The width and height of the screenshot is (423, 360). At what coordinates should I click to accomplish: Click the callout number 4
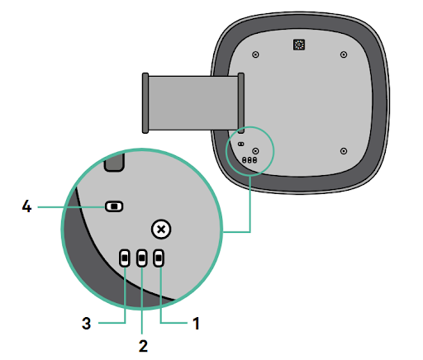pyautogui.click(x=26, y=206)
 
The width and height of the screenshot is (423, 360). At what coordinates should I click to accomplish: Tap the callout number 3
pyautogui.click(x=86, y=323)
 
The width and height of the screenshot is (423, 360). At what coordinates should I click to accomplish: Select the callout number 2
pyautogui.click(x=143, y=346)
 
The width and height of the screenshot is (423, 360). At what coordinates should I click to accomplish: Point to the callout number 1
pyautogui.click(x=196, y=323)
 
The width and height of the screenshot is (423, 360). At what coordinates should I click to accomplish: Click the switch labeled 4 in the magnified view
pyautogui.click(x=114, y=206)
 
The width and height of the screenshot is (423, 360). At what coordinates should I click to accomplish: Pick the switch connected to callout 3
pyautogui.click(x=125, y=258)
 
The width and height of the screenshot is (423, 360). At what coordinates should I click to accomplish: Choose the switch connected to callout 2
pyautogui.click(x=142, y=258)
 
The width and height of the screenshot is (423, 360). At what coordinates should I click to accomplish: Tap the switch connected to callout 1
pyautogui.click(x=159, y=258)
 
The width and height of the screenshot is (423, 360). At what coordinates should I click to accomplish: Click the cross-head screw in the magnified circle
pyautogui.click(x=161, y=230)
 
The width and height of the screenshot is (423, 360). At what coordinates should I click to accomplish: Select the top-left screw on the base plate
pyautogui.click(x=255, y=54)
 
